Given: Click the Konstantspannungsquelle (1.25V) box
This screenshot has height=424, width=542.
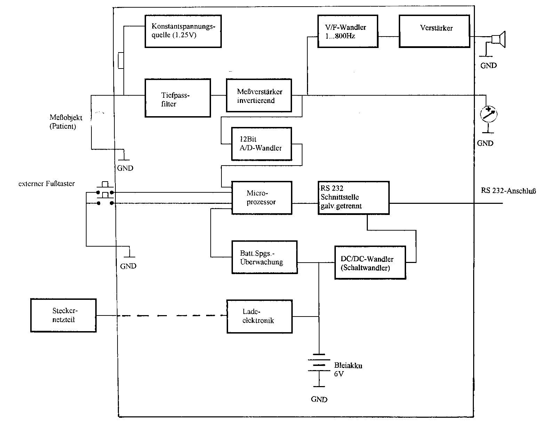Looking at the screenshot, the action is pyautogui.click(x=183, y=31).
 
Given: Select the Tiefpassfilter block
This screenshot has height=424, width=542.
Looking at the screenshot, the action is pyautogui.click(x=178, y=98).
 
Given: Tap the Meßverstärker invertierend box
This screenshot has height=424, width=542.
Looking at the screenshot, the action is pyautogui.click(x=259, y=95).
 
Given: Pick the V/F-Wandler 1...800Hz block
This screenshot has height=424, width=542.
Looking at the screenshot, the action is pyautogui.click(x=348, y=31).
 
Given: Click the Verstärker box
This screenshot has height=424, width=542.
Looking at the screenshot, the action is pyautogui.click(x=434, y=31).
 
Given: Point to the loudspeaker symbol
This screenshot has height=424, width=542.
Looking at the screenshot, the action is pyautogui.click(x=498, y=39).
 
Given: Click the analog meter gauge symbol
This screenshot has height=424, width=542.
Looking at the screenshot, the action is pyautogui.click(x=488, y=114).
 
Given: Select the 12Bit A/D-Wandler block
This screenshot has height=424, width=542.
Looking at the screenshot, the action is pyautogui.click(x=261, y=144).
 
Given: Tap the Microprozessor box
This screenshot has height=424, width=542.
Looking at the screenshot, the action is pyautogui.click(x=262, y=198).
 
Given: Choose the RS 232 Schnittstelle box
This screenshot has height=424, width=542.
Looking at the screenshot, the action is pyautogui.click(x=354, y=198).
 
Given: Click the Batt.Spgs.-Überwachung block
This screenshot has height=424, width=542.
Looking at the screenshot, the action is pyautogui.click(x=264, y=257).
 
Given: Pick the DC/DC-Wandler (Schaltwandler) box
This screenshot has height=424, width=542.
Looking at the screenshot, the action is pyautogui.click(x=370, y=263).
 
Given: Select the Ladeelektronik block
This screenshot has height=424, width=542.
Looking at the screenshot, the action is pyautogui.click(x=259, y=317).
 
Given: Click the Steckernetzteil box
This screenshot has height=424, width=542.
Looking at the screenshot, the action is pyautogui.click(x=63, y=315).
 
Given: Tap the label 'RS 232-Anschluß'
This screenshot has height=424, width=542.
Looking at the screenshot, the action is pyautogui.click(x=508, y=191).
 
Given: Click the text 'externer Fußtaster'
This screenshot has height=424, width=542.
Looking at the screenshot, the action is pyautogui.click(x=47, y=184).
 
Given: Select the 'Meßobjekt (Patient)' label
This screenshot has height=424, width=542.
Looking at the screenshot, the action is pyautogui.click(x=66, y=122).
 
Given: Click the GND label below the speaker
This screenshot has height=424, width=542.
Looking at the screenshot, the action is pyautogui.click(x=488, y=66).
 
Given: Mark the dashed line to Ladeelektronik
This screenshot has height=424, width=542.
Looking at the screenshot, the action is pyautogui.click(x=172, y=316).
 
